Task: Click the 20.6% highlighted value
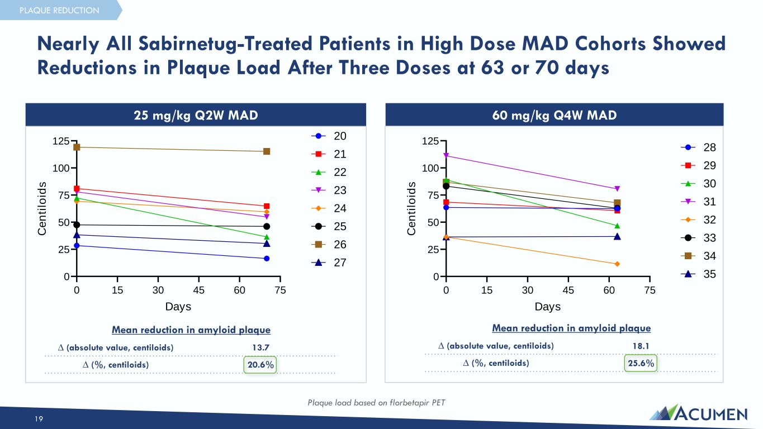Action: point(260,365)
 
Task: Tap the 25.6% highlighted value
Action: point(640,363)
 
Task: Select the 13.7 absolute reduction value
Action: point(260,347)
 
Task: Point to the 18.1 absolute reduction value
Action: point(640,346)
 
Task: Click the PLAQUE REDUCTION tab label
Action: point(59,10)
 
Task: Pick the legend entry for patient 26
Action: point(329,245)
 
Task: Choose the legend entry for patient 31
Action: point(699,202)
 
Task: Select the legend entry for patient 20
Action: point(329,136)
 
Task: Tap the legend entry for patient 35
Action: point(699,274)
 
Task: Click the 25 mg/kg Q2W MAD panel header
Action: point(196,115)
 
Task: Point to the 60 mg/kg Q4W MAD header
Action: point(554,115)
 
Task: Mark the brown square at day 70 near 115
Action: point(267,151)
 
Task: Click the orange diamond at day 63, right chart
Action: point(617,264)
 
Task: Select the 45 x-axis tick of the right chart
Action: point(568,290)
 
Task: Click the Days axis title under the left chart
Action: point(178,307)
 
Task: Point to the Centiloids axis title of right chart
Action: point(412,208)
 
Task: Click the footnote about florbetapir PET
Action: point(376,402)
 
